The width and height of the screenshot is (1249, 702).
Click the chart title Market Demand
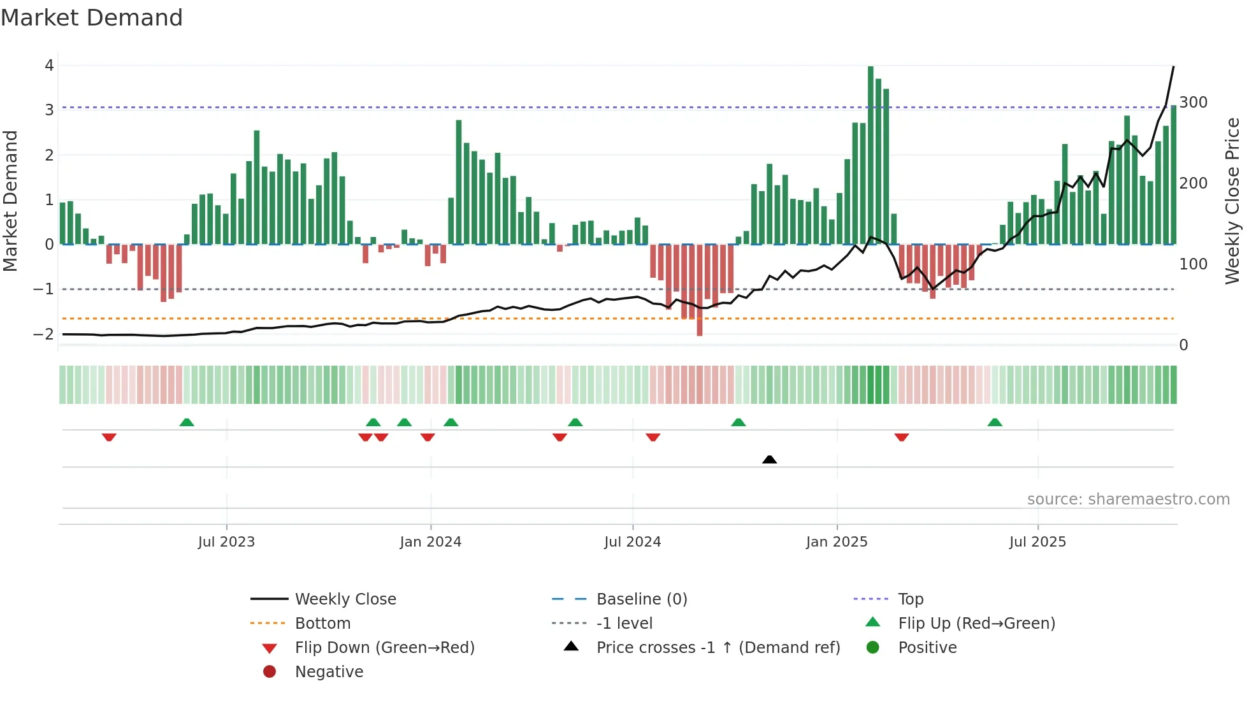92,17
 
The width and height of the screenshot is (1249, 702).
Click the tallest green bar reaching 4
870,155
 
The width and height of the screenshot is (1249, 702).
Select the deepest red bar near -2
700,290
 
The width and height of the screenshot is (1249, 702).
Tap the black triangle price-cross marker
769,459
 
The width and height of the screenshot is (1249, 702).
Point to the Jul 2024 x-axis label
632,542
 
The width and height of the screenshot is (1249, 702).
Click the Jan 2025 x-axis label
836,542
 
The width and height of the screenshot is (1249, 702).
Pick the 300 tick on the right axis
1193,103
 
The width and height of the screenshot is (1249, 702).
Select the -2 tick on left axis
43,334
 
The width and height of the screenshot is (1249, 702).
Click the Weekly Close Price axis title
1232,201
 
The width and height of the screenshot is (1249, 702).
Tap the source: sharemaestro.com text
1128,499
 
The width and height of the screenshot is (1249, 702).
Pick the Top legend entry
911,599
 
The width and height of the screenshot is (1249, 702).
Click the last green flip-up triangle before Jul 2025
995,422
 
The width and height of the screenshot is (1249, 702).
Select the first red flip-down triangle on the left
109,437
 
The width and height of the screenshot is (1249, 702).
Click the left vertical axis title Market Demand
10,201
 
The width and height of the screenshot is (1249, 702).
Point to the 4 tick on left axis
49,66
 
